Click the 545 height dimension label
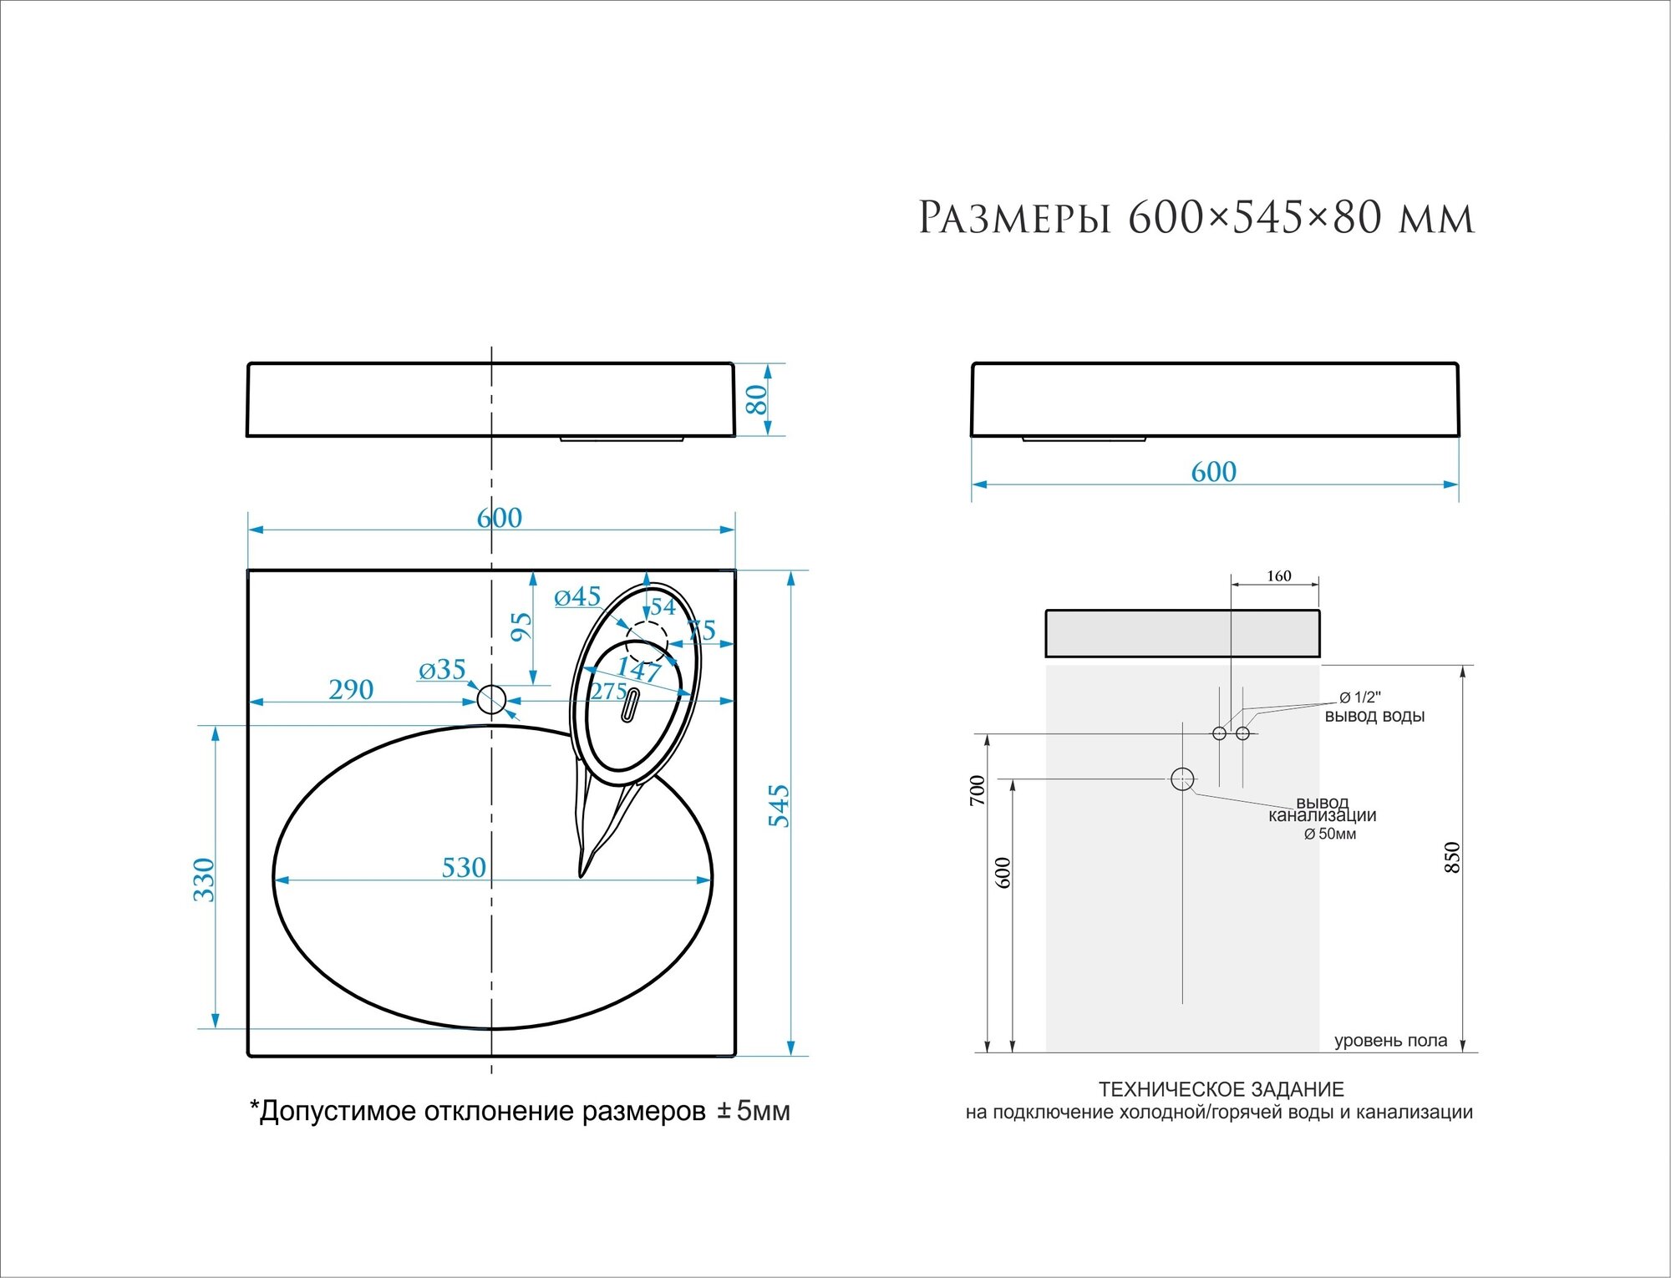coord(779,805)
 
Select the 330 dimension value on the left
coord(204,880)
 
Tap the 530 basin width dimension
coord(464,868)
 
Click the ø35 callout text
coord(442,669)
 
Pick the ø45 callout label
coord(577,596)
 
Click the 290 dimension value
coord(351,689)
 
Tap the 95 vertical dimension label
coord(521,626)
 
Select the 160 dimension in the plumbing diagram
coord(1278,576)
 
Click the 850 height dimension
coord(1452,858)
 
